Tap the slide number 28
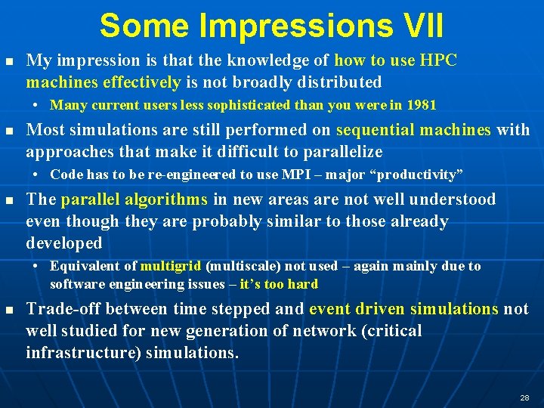pos(524,397)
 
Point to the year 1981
pos(421,105)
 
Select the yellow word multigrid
pos(171,266)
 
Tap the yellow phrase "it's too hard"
pos(279,284)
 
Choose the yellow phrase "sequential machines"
pos(413,130)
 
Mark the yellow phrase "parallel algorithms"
pos(134,199)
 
